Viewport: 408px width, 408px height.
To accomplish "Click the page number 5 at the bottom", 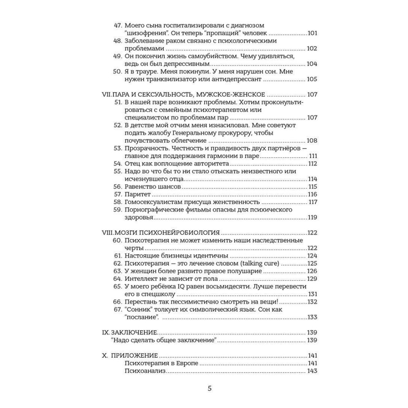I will (210, 388).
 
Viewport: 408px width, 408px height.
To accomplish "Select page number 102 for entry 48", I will (312, 49).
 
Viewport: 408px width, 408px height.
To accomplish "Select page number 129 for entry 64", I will (312, 279).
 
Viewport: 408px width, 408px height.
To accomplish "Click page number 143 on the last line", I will (312, 371).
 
